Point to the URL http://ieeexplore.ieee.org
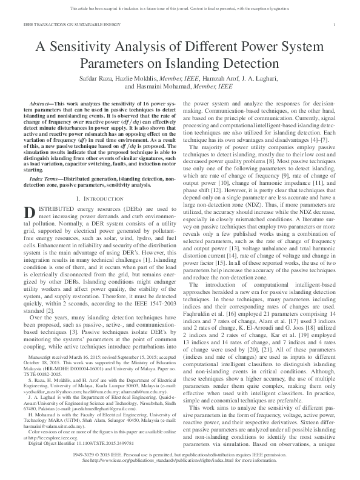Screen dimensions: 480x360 coord(53,435)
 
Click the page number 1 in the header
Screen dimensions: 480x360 coord(335,24)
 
